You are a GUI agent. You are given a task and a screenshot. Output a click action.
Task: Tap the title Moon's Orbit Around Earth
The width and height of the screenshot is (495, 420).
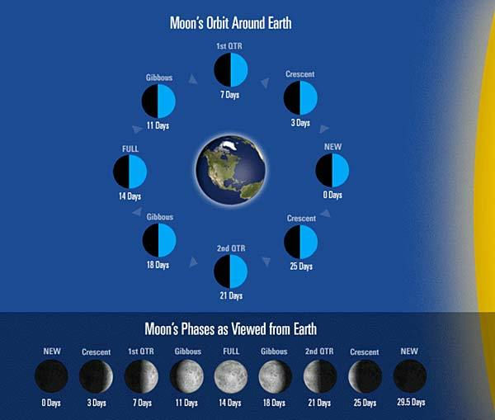(x=230, y=22)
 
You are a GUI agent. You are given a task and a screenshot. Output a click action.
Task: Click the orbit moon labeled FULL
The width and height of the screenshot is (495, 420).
(x=130, y=172)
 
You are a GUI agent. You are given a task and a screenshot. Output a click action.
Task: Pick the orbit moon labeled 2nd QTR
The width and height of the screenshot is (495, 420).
(x=231, y=271)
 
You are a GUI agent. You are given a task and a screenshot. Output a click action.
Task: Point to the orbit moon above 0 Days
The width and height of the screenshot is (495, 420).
(x=332, y=172)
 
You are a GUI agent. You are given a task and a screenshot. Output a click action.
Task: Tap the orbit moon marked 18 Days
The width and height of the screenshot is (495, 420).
(x=158, y=241)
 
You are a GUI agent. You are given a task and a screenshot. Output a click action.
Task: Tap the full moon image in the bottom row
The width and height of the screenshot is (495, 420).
(x=231, y=376)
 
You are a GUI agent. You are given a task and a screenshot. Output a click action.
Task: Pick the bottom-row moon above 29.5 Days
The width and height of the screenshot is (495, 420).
(x=410, y=376)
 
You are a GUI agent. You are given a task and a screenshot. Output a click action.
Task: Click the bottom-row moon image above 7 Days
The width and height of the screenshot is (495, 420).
(x=141, y=376)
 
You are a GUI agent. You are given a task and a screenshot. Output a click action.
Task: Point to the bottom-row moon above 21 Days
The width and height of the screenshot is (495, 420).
(x=320, y=376)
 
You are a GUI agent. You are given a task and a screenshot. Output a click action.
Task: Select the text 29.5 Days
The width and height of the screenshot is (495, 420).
(x=410, y=403)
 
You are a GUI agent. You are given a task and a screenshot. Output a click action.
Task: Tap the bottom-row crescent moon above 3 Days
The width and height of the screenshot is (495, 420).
(x=96, y=376)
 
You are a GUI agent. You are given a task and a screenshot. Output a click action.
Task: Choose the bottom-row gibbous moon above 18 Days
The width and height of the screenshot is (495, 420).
(x=276, y=376)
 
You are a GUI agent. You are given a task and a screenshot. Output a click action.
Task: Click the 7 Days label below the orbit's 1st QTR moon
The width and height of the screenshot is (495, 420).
(x=230, y=96)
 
